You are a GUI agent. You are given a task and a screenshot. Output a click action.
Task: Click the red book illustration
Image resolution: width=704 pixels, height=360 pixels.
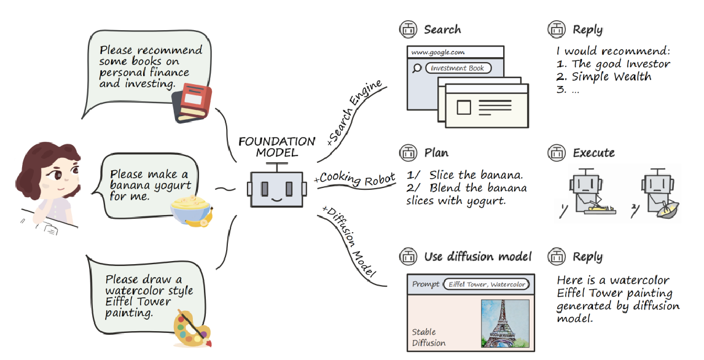(x=192, y=103)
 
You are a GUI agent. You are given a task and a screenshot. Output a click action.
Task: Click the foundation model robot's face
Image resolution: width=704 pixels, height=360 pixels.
(x=276, y=189)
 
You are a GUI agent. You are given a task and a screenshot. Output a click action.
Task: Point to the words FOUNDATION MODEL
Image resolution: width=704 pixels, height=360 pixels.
(x=277, y=147)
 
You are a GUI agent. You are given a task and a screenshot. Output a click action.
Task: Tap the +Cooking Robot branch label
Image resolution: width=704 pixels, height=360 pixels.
(x=354, y=178)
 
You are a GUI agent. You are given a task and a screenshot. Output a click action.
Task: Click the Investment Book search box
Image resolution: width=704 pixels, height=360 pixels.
(x=458, y=68)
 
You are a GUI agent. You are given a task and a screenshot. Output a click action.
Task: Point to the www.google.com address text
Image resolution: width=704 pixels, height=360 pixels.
(x=438, y=52)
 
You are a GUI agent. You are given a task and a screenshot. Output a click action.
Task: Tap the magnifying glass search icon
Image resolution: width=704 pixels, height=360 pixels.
(x=417, y=68)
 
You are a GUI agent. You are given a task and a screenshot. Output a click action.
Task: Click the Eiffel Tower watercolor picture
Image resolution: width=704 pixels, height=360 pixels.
(x=505, y=323)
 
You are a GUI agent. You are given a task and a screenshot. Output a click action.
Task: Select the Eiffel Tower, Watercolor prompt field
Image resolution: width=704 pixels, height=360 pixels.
(x=487, y=284)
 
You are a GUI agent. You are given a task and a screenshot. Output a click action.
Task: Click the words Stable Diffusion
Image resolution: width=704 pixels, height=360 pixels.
(x=429, y=337)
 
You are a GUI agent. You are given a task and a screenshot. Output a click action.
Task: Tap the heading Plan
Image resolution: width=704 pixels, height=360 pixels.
(x=436, y=152)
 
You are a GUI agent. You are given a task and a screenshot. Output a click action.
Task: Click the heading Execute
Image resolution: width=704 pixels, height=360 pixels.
(x=593, y=152)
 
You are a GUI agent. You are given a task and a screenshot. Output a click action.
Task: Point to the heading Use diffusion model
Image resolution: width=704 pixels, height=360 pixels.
(x=478, y=256)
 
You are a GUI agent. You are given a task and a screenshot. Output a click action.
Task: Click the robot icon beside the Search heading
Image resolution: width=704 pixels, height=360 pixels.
(x=408, y=29)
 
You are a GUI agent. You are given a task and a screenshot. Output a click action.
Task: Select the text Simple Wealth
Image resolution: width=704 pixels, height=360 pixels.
(x=611, y=76)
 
